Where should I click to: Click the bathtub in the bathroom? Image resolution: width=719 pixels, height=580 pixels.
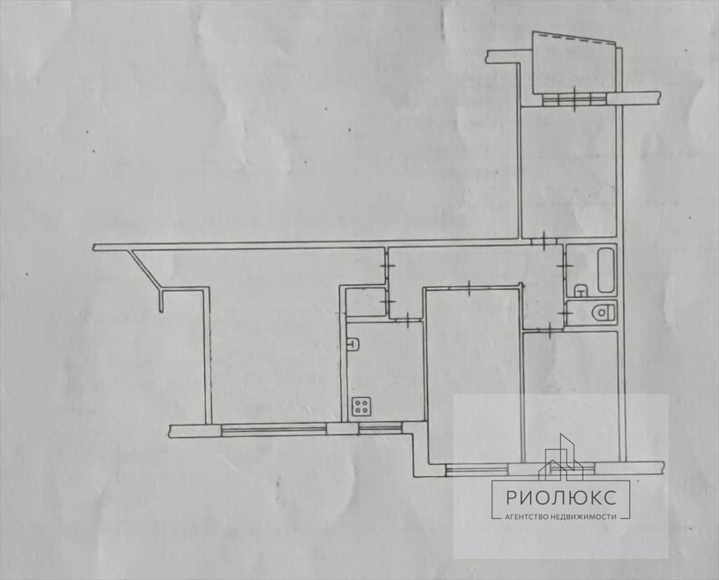coord(606,270)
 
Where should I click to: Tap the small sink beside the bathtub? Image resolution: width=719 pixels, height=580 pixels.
coord(581,290)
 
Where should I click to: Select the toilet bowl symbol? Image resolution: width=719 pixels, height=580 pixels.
coord(603,313)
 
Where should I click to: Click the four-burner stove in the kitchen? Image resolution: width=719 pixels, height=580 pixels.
coord(362,406)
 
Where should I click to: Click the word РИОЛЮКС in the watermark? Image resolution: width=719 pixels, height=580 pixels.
coord(561,497)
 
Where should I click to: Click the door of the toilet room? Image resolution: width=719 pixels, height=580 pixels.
coord(565,313)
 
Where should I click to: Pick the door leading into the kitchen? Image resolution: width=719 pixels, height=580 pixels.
coord(408,320)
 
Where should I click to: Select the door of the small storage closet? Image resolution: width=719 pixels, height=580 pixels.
coord(388,302)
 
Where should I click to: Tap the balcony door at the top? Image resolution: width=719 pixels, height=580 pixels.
coord(575,99)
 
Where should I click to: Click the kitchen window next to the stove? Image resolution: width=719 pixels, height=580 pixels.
coord(380,429)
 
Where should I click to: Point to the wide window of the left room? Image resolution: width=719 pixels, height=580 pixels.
coord(274,429)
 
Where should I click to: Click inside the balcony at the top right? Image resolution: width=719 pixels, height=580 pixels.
coord(573,64)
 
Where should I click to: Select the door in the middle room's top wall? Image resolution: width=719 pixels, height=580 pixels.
coord(470,287)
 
